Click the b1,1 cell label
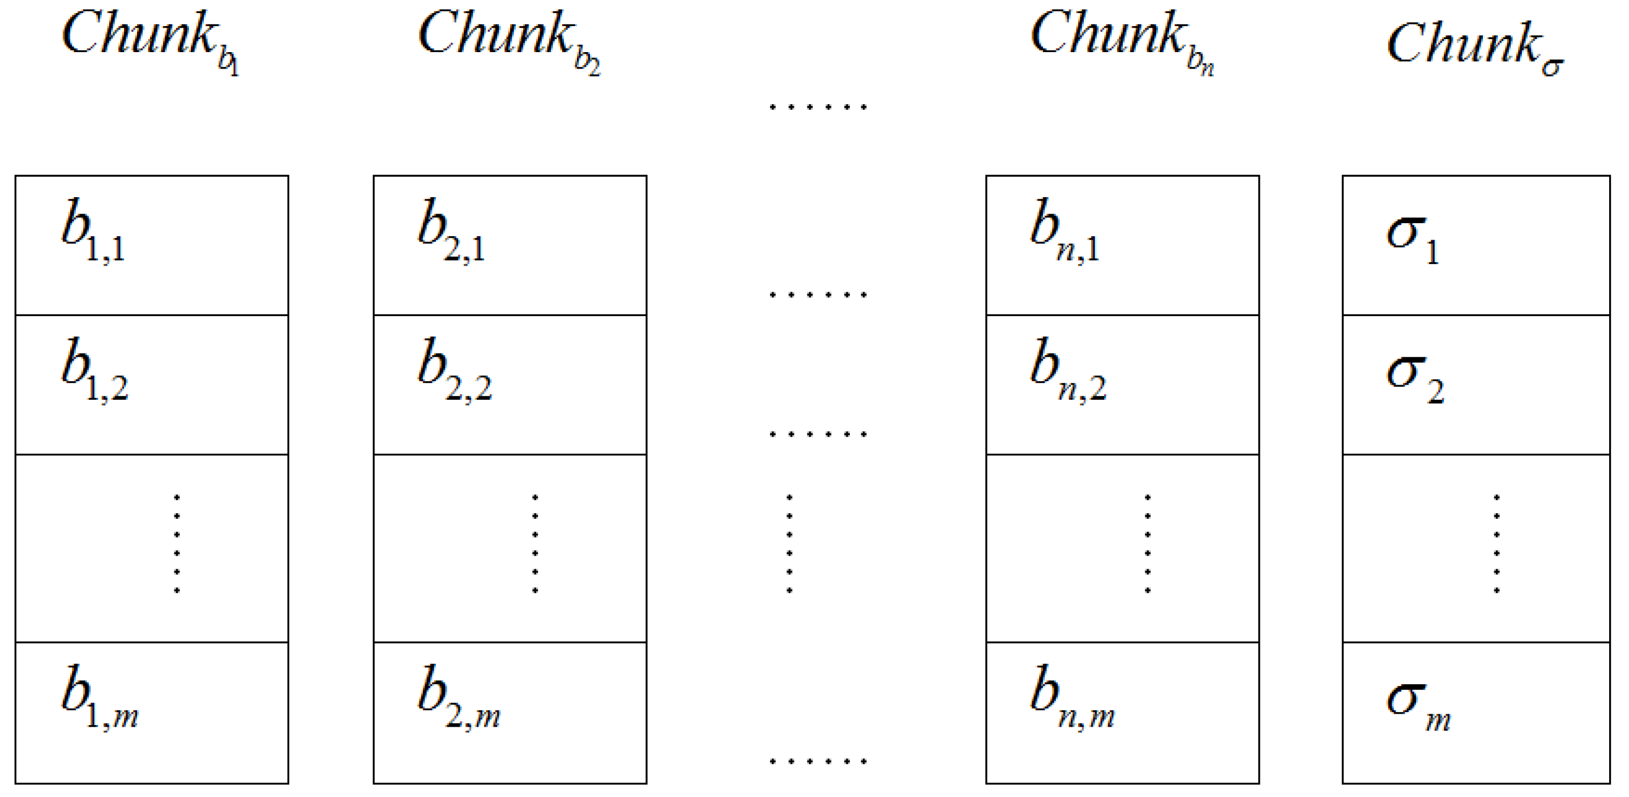[x=93, y=229]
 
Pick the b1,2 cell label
[x=95, y=369]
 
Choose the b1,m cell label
[x=99, y=697]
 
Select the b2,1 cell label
[x=451, y=229]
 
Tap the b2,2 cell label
[x=454, y=369]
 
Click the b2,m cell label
[x=459, y=697]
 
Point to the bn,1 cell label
[x=1064, y=229]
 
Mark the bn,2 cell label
[x=1068, y=369]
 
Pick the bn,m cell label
[x=1072, y=697]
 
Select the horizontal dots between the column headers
[x=818, y=107]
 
